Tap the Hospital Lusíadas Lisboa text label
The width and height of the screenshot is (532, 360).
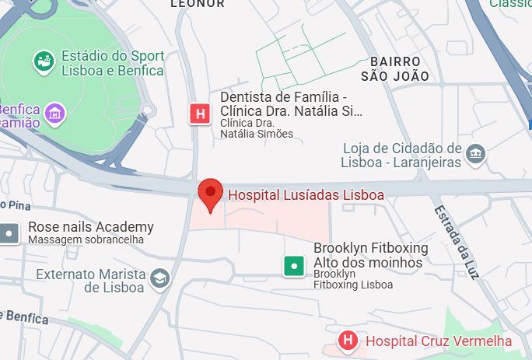point(304,194)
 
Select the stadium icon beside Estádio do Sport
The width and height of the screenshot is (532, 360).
point(44,60)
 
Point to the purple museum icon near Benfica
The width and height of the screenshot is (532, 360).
point(54,114)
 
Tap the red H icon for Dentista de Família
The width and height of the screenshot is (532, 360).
point(201,114)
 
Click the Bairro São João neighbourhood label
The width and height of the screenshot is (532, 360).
point(395,68)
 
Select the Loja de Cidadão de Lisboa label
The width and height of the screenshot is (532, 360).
point(401,155)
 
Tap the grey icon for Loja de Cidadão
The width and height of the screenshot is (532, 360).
point(476,154)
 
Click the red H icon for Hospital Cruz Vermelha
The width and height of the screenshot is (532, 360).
point(348,340)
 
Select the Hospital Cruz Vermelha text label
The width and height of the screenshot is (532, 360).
point(439,341)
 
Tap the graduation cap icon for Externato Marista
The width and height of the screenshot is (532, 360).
point(159,278)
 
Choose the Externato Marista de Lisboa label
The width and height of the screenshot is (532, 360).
point(90,280)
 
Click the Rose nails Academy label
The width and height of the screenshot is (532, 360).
point(90,227)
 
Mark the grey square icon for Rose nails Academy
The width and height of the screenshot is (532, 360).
point(9,232)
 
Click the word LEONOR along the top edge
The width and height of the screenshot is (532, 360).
point(197,4)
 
